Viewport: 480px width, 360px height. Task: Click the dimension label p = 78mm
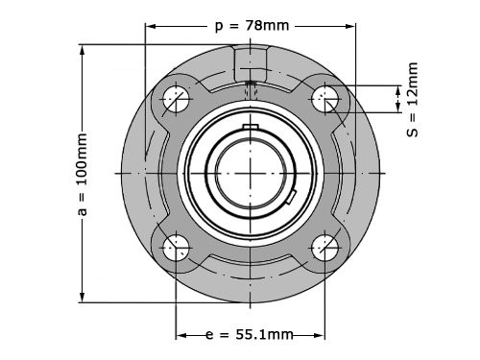click(252, 26)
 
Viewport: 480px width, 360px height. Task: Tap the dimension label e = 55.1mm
click(250, 335)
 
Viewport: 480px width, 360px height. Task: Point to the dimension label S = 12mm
click(413, 100)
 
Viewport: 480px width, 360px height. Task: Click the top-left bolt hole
click(176, 99)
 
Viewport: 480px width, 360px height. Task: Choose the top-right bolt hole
click(324, 99)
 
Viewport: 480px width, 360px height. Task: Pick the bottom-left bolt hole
click(176, 248)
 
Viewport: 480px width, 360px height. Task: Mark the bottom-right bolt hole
click(324, 248)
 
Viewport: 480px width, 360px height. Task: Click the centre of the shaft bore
click(251, 173)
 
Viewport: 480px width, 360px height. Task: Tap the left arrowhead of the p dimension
click(151, 26)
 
